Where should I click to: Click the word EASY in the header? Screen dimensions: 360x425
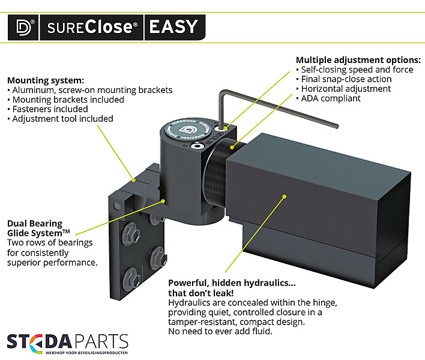(x=173, y=27)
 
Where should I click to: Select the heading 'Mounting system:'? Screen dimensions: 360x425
(x=46, y=80)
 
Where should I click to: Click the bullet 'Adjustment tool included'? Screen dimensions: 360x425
(x=60, y=119)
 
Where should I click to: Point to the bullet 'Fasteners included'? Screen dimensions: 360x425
(x=47, y=109)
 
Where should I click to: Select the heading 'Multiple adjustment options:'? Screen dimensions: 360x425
(x=358, y=60)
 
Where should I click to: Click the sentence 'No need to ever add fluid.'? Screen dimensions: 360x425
(x=220, y=331)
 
